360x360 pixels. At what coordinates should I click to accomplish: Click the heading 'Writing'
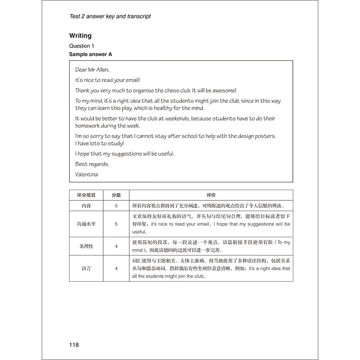click(80, 36)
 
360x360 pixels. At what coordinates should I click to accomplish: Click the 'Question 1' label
click(82, 46)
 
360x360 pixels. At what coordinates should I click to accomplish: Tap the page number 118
click(74, 345)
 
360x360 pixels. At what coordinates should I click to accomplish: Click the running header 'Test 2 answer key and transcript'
click(110, 16)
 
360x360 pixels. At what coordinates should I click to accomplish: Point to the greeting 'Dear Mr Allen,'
click(92, 70)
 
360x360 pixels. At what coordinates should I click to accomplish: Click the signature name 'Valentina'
click(86, 174)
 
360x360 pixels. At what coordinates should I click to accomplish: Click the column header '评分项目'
click(86, 195)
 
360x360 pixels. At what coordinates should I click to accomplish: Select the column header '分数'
click(116, 195)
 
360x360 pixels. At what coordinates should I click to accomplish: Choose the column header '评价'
click(211, 195)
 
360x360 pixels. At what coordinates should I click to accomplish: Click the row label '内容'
click(86, 206)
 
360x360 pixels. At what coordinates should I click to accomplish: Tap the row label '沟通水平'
click(86, 224)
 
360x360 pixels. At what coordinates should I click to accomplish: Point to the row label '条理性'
click(86, 246)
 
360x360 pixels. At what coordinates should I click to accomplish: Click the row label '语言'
click(86, 268)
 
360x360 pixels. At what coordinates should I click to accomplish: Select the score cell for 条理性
click(116, 246)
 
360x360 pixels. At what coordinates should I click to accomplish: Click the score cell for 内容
click(116, 206)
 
